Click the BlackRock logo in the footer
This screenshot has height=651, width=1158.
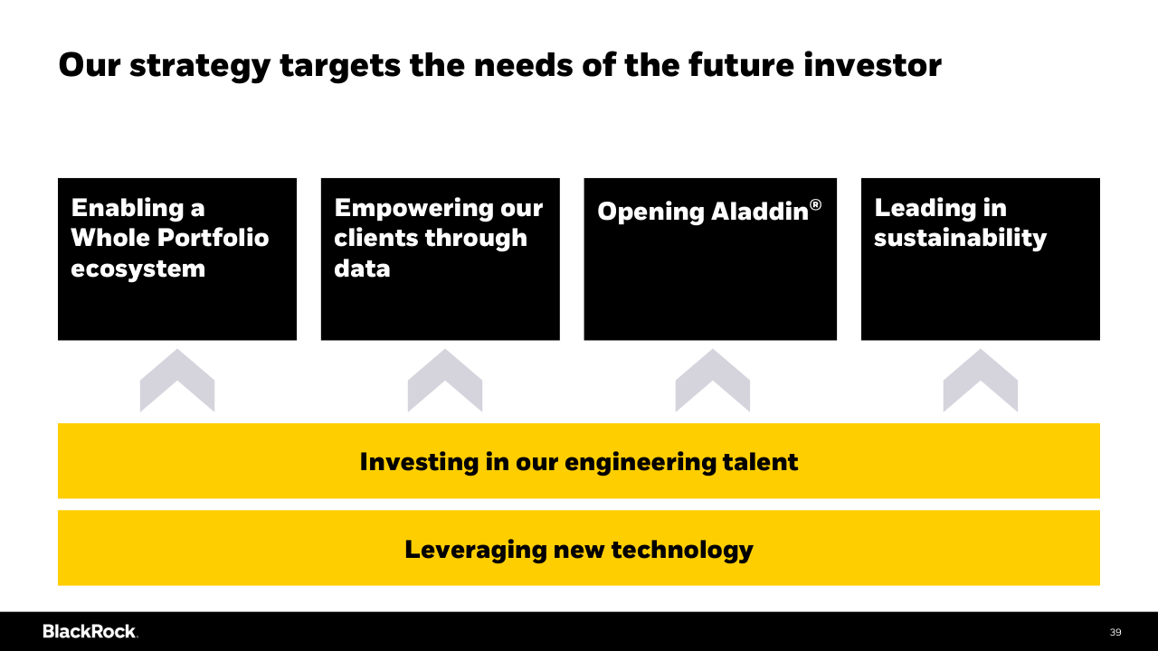click(90, 631)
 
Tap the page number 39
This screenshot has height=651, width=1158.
click(1115, 632)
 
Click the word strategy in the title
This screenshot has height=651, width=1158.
click(200, 67)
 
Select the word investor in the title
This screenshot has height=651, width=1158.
click(873, 65)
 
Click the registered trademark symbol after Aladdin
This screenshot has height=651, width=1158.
click(815, 205)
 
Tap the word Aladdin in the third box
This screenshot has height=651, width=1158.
click(760, 211)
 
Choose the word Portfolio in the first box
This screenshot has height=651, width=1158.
click(213, 238)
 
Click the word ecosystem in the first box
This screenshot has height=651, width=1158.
click(138, 269)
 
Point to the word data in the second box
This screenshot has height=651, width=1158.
click(362, 269)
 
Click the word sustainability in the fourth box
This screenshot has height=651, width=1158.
click(960, 239)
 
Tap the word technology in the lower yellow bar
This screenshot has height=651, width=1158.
click(682, 551)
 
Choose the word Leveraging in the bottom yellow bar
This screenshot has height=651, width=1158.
click(476, 551)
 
